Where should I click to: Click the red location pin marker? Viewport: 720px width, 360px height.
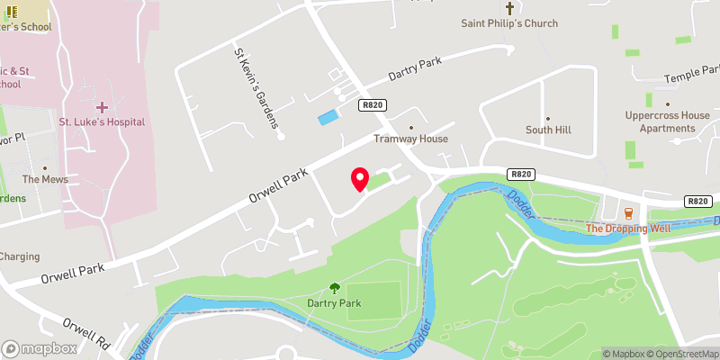point(360,179)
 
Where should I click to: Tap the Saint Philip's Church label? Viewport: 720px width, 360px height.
point(509,23)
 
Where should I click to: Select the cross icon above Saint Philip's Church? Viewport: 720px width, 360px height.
point(509,8)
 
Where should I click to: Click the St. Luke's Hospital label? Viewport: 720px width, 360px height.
point(102,121)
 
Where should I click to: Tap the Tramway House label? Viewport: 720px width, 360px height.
point(411,139)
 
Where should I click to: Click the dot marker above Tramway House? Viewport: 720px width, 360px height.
point(411,127)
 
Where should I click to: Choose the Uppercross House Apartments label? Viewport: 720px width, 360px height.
point(661,122)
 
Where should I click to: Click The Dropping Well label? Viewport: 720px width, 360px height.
point(628,229)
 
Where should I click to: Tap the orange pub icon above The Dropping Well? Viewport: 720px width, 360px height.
point(629,213)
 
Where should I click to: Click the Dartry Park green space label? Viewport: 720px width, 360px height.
point(334,303)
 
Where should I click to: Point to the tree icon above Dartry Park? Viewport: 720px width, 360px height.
point(334,288)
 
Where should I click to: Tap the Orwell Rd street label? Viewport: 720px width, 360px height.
point(86,331)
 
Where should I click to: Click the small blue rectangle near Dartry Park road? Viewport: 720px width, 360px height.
point(329,117)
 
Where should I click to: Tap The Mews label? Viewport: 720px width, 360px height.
point(45,179)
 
